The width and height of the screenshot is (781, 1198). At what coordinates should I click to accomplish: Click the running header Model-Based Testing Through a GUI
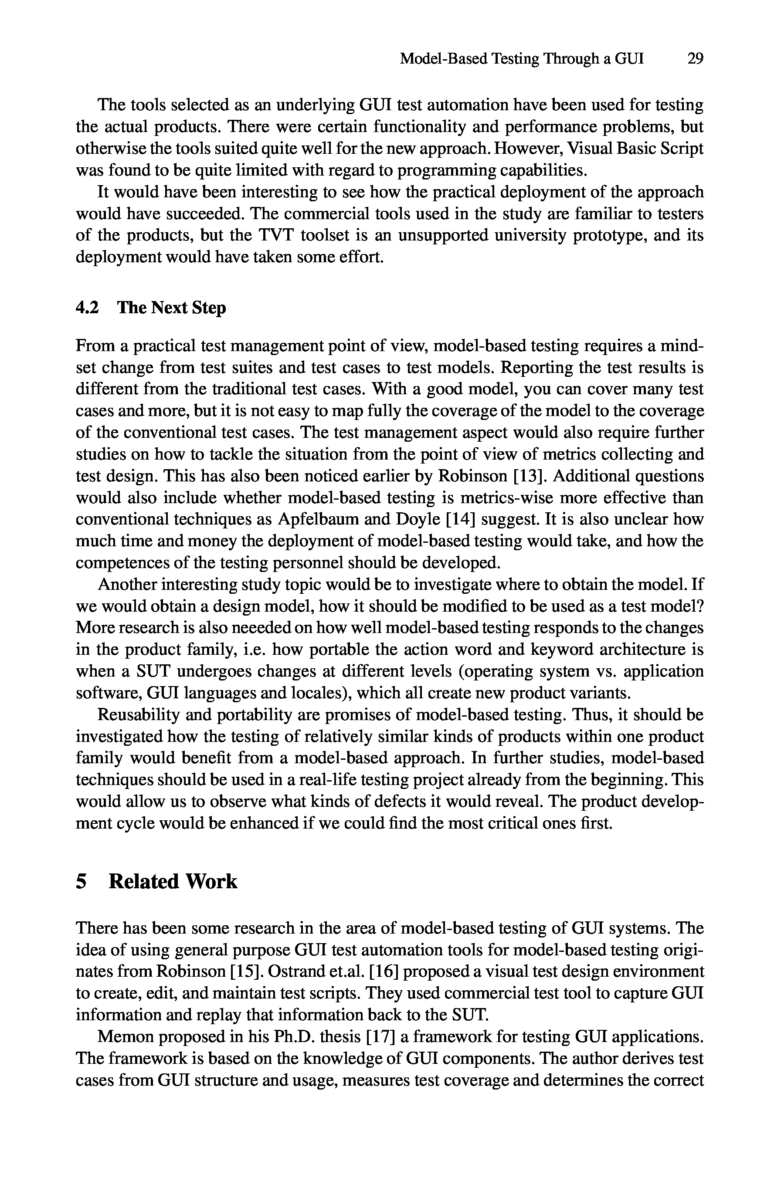click(522, 59)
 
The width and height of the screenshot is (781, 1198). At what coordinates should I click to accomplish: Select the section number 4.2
click(87, 308)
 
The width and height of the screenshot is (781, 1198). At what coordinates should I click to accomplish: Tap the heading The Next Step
click(171, 308)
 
